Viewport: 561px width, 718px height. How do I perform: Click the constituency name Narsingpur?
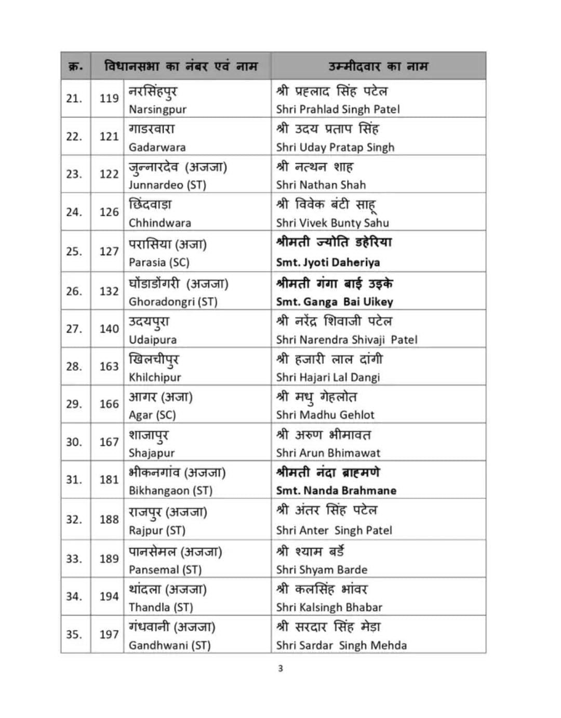click(157, 109)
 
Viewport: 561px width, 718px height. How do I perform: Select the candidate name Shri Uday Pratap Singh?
click(335, 147)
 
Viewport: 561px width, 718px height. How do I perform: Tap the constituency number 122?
click(109, 174)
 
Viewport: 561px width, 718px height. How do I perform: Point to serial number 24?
click(74, 212)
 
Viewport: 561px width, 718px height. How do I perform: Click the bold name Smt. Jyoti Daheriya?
click(328, 262)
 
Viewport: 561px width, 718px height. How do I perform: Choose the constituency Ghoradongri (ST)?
click(173, 302)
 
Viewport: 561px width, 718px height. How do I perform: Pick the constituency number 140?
click(109, 329)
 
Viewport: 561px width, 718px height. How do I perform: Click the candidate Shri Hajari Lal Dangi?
click(328, 377)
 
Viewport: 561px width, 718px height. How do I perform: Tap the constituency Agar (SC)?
click(152, 415)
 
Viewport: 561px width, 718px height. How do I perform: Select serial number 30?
click(74, 442)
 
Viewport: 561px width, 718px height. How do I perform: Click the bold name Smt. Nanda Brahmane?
click(336, 490)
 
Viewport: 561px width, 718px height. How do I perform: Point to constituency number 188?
click(109, 520)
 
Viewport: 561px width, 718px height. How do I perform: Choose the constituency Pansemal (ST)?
click(165, 570)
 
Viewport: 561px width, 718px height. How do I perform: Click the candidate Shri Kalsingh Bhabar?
click(329, 607)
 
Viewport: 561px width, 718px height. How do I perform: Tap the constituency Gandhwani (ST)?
click(169, 645)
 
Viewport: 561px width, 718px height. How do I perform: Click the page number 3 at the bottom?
click(280, 668)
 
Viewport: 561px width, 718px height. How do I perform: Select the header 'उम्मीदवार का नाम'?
click(378, 67)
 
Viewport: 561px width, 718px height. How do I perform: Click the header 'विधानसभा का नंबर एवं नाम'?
click(181, 67)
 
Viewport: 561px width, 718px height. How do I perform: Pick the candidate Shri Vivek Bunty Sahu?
click(332, 223)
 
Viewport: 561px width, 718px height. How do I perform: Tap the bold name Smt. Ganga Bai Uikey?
click(335, 302)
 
